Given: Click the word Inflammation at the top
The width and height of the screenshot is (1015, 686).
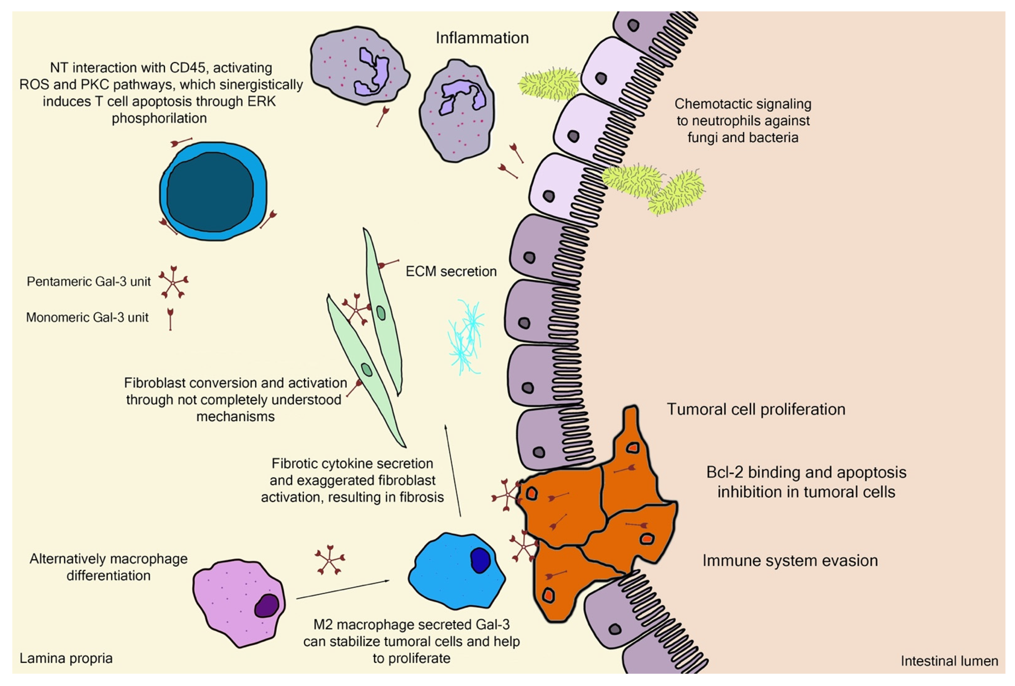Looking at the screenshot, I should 482,38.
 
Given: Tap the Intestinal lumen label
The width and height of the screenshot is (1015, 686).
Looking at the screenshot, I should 949,661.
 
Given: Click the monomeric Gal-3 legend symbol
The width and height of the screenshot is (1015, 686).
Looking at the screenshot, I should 170,318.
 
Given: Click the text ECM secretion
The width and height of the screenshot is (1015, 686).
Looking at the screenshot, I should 451,271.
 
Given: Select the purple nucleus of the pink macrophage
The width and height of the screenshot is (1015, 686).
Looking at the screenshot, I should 266,606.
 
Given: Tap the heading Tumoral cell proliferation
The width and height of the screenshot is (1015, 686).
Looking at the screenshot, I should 755,409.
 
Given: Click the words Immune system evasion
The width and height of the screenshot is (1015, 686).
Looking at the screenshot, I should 790,560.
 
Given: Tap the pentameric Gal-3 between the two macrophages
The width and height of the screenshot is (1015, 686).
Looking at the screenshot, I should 329,559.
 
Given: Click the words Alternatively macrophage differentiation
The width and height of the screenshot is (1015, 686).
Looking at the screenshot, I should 108,567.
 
